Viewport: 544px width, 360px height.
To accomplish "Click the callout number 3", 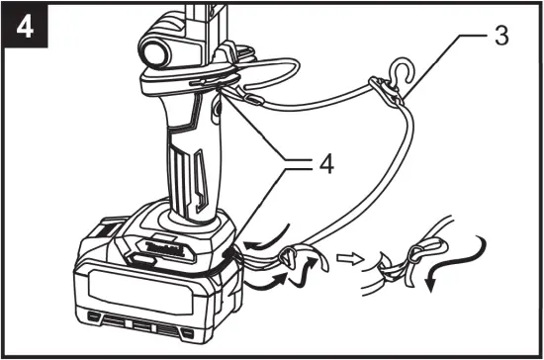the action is point(501,39).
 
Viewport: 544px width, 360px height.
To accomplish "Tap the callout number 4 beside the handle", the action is point(322,163).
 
